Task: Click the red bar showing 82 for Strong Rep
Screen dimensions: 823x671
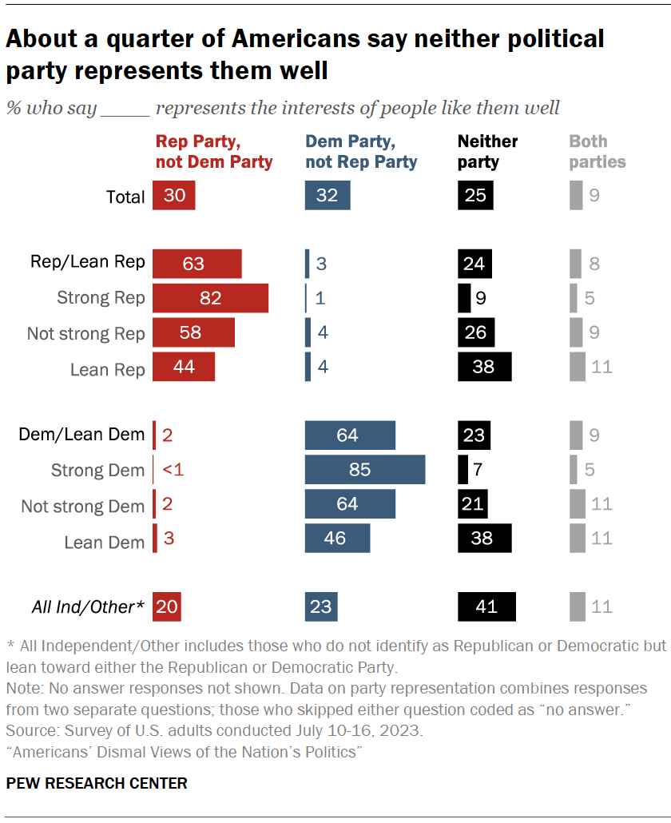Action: coord(210,298)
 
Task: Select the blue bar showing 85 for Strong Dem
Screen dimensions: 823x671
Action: coord(365,470)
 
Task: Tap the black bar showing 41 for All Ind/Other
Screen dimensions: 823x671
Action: coord(486,607)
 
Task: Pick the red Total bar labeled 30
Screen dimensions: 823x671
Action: coord(173,196)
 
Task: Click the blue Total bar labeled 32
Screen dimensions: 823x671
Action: coord(327,196)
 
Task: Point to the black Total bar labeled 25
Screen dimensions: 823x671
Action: coord(475,196)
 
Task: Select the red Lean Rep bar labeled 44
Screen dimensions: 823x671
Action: coord(184,368)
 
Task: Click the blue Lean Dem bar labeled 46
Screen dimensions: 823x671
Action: coord(337,538)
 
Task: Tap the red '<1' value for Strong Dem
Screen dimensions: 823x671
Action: coord(173,470)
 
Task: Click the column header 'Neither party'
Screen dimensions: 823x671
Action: coord(487,151)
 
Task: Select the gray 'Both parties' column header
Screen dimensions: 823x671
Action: coord(597,151)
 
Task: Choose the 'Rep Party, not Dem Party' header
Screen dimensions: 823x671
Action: coord(213,151)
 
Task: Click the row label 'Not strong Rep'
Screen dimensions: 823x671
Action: coord(86,333)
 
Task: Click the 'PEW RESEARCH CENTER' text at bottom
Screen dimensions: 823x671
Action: coord(97,783)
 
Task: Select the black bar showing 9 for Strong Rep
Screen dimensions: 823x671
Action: coord(464,298)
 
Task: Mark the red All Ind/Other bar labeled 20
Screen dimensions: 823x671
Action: coord(167,607)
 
